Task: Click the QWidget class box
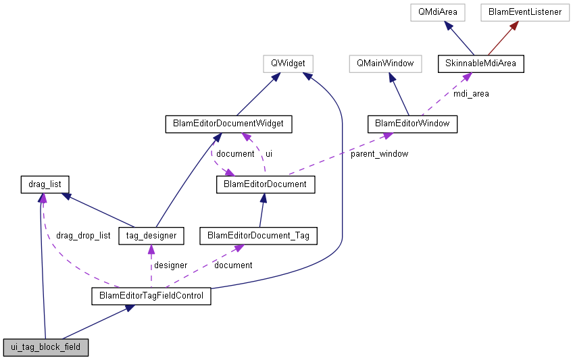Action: coord(288,64)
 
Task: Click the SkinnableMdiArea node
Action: coord(480,64)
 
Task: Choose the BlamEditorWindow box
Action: coord(412,124)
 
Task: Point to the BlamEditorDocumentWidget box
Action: coord(228,124)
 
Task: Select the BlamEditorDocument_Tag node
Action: coord(258,236)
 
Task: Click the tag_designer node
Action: coord(151,236)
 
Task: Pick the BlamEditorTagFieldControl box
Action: coord(151,296)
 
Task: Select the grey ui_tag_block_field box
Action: coord(46,348)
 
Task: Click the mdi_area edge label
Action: coord(471,94)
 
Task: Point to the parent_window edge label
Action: coord(379,153)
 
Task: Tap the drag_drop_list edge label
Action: coord(83,236)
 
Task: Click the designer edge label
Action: coord(170,265)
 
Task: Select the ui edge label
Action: coord(268,153)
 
